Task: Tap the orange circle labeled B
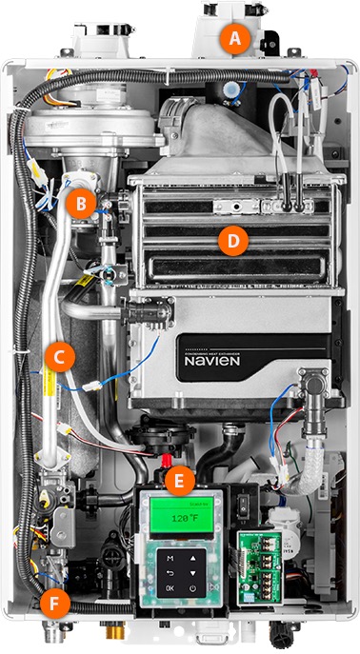pos(83,202)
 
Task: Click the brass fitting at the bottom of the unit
pos(110,632)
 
